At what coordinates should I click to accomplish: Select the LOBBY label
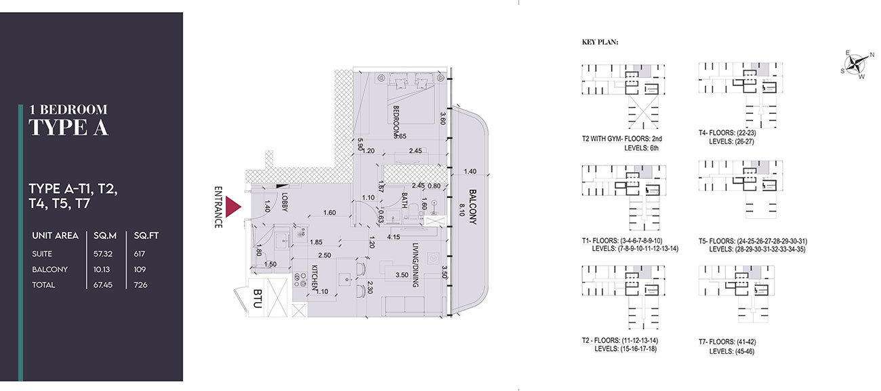coord(285,202)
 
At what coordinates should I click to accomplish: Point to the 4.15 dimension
coord(393,237)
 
